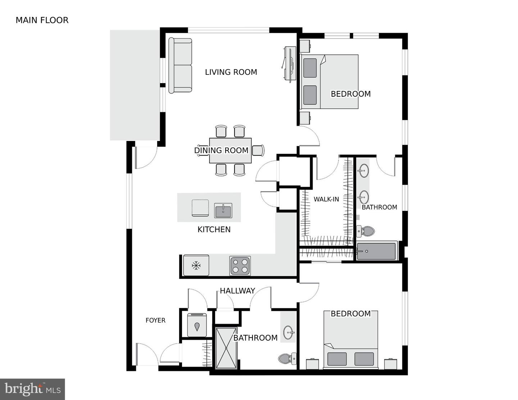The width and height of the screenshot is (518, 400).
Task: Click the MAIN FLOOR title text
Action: tap(42, 20)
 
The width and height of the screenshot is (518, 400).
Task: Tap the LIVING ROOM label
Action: tap(231, 72)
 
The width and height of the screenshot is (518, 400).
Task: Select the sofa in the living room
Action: tap(180, 65)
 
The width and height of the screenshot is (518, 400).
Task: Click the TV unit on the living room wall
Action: tap(289, 64)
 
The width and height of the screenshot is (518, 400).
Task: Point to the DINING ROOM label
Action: tap(221, 150)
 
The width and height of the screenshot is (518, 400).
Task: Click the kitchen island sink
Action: tap(223, 210)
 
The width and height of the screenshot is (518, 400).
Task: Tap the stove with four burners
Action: tap(240, 266)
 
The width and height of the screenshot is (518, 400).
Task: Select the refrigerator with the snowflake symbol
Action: tap(196, 265)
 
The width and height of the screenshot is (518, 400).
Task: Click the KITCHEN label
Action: tap(214, 229)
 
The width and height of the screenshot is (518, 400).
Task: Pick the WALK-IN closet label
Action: tap(326, 199)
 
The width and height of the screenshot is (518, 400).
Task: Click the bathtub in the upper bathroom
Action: tap(376, 251)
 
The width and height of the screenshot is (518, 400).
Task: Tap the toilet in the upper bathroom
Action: tap(365, 231)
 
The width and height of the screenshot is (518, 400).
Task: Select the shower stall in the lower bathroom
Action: tap(226, 348)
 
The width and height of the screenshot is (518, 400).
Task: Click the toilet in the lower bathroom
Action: tap(287, 358)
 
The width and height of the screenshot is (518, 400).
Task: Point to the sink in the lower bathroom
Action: tap(288, 332)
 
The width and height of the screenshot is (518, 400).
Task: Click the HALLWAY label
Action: tap(237, 291)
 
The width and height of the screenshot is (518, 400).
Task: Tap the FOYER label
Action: tap(155, 320)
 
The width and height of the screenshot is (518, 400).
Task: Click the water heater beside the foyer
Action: tap(197, 325)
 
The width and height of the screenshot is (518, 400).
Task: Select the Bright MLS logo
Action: tap(32, 389)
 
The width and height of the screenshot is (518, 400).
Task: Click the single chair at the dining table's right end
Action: tap(258, 150)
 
